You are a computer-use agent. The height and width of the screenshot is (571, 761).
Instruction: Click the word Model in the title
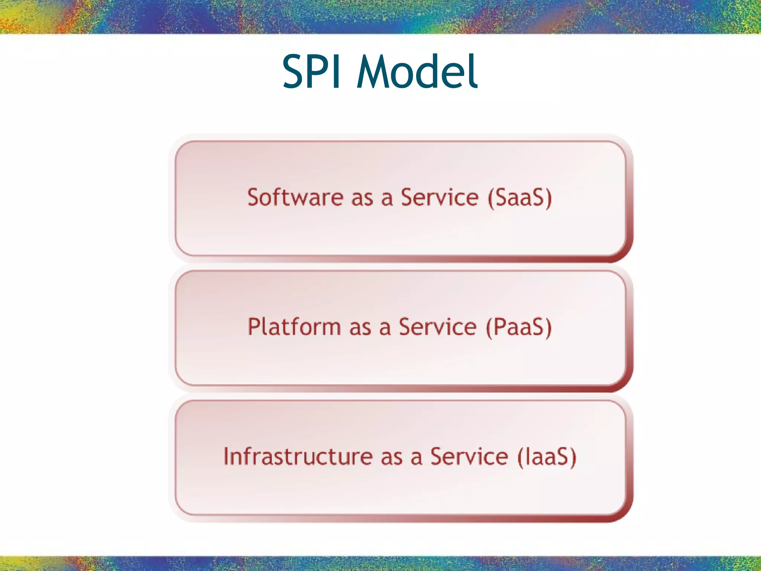coord(417,71)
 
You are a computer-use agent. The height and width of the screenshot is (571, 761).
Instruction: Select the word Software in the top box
coord(295,197)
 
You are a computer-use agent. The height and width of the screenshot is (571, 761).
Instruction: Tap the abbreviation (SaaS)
coord(520,197)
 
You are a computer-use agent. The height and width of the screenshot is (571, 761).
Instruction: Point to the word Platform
coord(294,327)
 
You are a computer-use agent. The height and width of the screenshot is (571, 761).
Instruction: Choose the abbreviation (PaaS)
coord(519,327)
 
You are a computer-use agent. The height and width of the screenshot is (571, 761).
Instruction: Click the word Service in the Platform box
coord(437,327)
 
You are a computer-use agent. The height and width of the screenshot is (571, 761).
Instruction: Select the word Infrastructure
coord(298,457)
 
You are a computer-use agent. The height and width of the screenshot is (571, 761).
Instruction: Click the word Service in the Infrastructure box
coord(469,457)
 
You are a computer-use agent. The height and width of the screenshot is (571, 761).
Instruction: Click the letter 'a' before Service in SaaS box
coord(387,199)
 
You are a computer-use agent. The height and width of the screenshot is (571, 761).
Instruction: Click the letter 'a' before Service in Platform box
coord(385,329)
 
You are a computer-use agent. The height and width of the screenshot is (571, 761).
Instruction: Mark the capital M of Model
coord(373,71)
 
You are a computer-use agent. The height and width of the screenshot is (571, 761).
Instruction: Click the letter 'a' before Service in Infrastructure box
coord(417,458)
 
